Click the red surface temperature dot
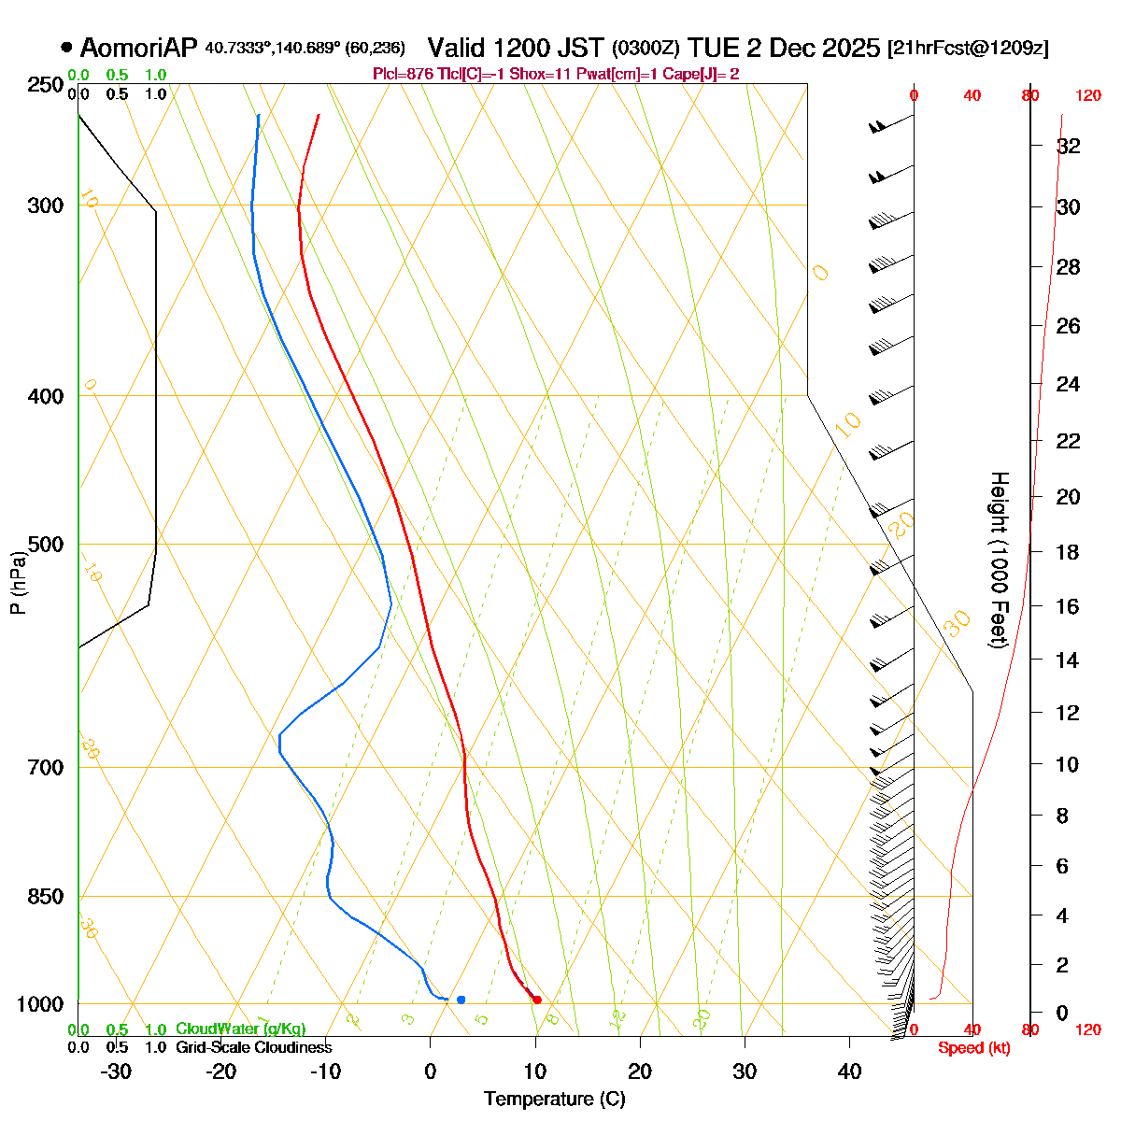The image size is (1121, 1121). [x=536, y=1000]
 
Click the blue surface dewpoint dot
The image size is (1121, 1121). [x=461, y=1000]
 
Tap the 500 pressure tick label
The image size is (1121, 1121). [x=47, y=545]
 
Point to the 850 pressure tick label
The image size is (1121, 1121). [x=47, y=897]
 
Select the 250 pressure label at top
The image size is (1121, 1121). [x=47, y=86]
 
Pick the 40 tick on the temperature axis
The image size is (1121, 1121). [x=849, y=1071]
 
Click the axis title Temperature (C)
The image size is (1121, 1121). [x=554, y=1100]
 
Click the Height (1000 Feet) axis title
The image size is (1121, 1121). [x=999, y=560]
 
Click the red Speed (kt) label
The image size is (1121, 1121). [x=973, y=1048]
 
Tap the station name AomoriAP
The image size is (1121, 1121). [x=139, y=48]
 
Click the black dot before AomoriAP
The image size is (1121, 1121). [x=66, y=48]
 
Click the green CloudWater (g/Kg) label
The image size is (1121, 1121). [x=240, y=1029]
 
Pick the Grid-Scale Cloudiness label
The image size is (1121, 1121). [x=253, y=1047]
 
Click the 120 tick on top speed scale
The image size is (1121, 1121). [x=1088, y=95]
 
